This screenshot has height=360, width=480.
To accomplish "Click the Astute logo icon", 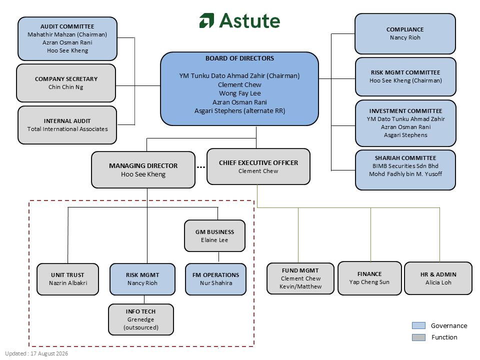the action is pyautogui.click(x=206, y=20).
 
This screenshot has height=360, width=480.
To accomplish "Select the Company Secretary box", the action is pyautogui.click(x=66, y=83).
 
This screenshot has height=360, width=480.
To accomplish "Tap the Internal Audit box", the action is pyautogui.click(x=67, y=125).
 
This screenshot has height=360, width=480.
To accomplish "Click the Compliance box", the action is pyautogui.click(x=405, y=33).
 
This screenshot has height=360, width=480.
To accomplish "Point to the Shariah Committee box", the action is pyautogui.click(x=405, y=170).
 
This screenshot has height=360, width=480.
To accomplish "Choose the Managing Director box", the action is pyautogui.click(x=143, y=169).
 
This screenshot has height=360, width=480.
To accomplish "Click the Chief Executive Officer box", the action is pyautogui.click(x=258, y=166).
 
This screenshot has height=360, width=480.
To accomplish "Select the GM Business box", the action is pyautogui.click(x=214, y=235).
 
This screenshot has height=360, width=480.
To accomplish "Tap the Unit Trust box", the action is pyautogui.click(x=67, y=279).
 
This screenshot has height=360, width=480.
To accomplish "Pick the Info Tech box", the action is pyautogui.click(x=141, y=319).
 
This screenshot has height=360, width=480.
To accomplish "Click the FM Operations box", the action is pyautogui.click(x=216, y=279).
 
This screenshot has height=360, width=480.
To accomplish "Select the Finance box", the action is pyautogui.click(x=369, y=278).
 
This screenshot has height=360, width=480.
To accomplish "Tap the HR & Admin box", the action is pyautogui.click(x=438, y=278).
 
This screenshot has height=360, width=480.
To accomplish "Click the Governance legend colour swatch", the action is pyautogui.click(x=418, y=325).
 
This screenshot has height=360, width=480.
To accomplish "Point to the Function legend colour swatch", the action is pyautogui.click(x=418, y=337).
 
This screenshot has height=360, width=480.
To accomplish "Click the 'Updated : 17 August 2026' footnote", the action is pyautogui.click(x=36, y=353).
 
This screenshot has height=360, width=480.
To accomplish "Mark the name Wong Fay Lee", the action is pyautogui.click(x=239, y=93).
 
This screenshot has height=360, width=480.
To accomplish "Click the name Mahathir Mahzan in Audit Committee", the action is pyautogui.click(x=49, y=34).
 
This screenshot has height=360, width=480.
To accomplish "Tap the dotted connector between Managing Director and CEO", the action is pyautogui.click(x=201, y=167).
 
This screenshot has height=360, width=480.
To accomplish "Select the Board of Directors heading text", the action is pyautogui.click(x=239, y=58).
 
